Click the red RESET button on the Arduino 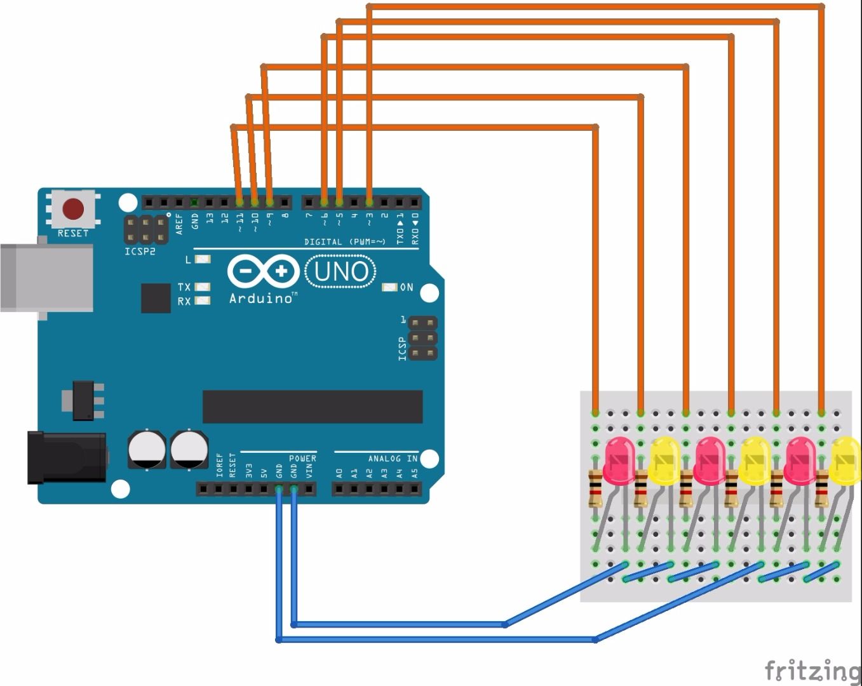pyautogui.click(x=73, y=209)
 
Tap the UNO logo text pyautogui.click(x=340, y=271)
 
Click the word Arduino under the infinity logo pyautogui.click(x=261, y=299)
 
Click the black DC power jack pyautogui.click(x=66, y=457)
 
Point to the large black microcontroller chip pyautogui.click(x=313, y=407)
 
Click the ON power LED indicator pyautogui.click(x=389, y=288)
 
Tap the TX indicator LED pyautogui.click(x=203, y=287)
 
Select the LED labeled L pyautogui.click(x=203, y=259)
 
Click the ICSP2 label pyautogui.click(x=140, y=252)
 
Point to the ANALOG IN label pyautogui.click(x=393, y=458)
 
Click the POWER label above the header pyautogui.click(x=302, y=458)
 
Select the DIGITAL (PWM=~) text pyautogui.click(x=344, y=241)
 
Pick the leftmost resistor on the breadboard pyautogui.click(x=595, y=488)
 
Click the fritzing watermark pyautogui.click(x=812, y=670)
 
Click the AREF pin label pyautogui.click(x=179, y=224)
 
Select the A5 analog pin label pyautogui.click(x=415, y=473)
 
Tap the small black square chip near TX pyautogui.click(x=156, y=298)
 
